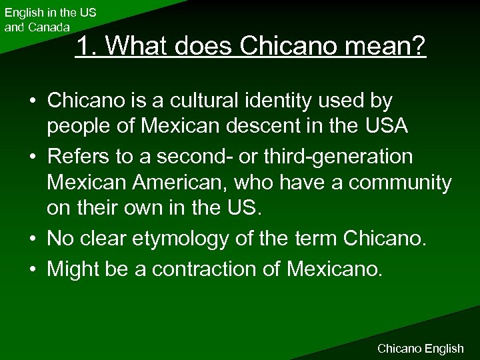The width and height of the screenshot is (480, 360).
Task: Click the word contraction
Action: (x=204, y=269)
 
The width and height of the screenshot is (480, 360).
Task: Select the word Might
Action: (x=74, y=269)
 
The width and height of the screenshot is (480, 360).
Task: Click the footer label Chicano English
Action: (x=420, y=348)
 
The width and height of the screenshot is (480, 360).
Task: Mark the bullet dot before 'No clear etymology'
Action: (x=33, y=237)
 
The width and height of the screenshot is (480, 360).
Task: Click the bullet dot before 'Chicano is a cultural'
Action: (x=33, y=101)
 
